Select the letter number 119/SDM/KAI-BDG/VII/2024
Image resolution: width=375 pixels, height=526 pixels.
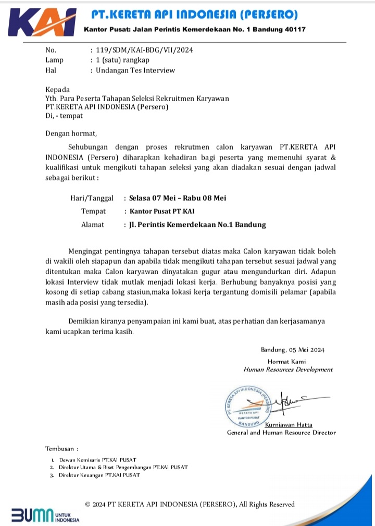tap(141, 51)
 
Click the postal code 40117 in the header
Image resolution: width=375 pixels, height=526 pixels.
tap(293, 29)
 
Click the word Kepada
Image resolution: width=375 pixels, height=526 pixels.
tap(57, 90)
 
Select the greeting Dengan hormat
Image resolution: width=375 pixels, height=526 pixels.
tap(71, 133)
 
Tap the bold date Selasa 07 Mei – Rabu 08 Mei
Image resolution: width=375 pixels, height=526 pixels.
tap(178, 198)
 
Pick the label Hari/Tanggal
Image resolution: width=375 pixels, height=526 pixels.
tap(92, 198)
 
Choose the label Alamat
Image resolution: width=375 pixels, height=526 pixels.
tap(93, 225)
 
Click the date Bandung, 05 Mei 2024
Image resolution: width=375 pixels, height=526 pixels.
tap(292, 350)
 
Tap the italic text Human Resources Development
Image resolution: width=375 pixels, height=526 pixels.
tap(288, 369)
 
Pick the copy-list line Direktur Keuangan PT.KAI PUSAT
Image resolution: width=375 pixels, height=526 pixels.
tap(99, 475)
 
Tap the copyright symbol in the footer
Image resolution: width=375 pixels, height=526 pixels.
tap(87, 504)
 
